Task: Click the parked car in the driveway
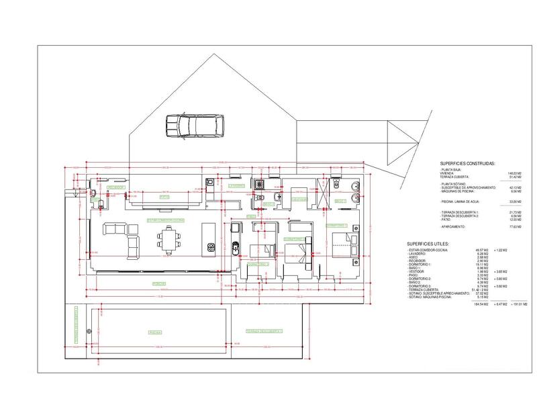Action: [194, 125]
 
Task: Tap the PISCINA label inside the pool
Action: [155, 331]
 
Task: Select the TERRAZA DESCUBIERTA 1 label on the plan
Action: [264, 331]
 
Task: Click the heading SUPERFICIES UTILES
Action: [433, 244]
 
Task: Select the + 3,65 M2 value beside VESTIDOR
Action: [499, 271]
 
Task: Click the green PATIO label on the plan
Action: [164, 197]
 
